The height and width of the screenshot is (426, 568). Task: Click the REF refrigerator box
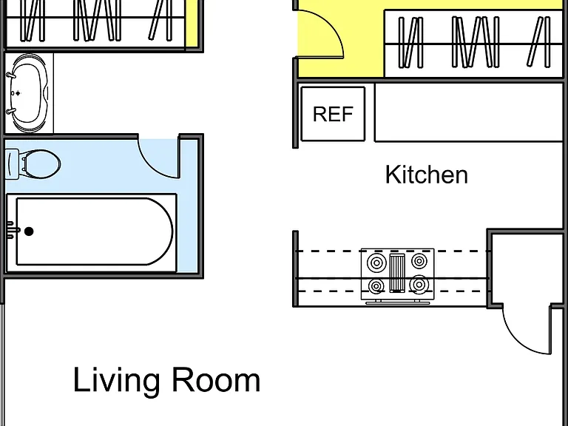point(333,114)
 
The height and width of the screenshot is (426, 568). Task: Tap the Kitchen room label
point(426,175)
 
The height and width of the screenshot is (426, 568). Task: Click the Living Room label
point(166,379)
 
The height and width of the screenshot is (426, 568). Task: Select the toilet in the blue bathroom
point(33,164)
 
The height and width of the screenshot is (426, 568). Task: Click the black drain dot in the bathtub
point(29,231)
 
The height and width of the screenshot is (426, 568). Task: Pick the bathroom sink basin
point(29,93)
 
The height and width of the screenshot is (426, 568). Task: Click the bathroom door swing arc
point(155,163)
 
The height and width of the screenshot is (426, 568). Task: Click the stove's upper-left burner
point(376,262)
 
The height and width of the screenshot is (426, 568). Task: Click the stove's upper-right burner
point(419,261)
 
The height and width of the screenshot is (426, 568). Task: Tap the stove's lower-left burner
point(376,286)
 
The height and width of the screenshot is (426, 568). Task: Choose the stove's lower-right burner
point(419,285)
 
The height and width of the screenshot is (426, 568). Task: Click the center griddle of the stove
point(397,273)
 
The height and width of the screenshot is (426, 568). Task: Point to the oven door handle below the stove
point(398,302)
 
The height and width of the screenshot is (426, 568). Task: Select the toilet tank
point(13,164)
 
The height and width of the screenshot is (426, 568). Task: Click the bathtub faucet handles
point(12,231)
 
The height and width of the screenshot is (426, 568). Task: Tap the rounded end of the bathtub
point(160,231)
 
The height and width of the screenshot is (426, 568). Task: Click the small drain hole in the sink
point(13,93)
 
